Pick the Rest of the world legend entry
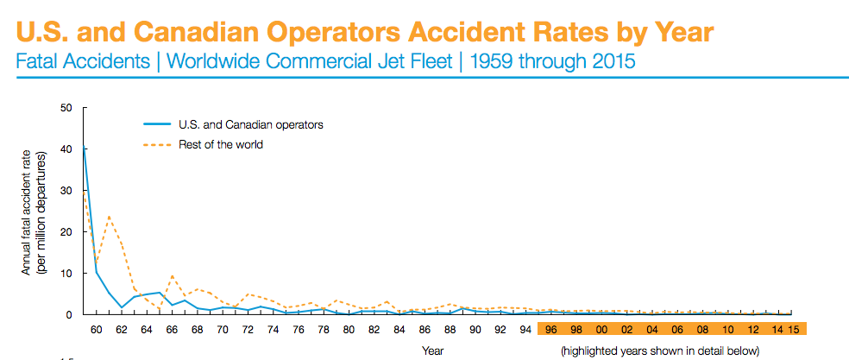click(220, 144)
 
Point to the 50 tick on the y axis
click(66, 107)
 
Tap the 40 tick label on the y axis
click(66, 148)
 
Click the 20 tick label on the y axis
click(66, 231)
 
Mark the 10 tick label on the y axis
click(66, 273)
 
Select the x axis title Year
click(433, 351)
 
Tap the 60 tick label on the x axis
click(96, 329)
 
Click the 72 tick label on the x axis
click(248, 329)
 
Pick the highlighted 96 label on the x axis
click(550, 329)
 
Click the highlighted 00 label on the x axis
click(601, 329)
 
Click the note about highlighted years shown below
click(659, 351)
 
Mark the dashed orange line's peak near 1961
click(109, 217)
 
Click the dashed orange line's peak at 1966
click(173, 276)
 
